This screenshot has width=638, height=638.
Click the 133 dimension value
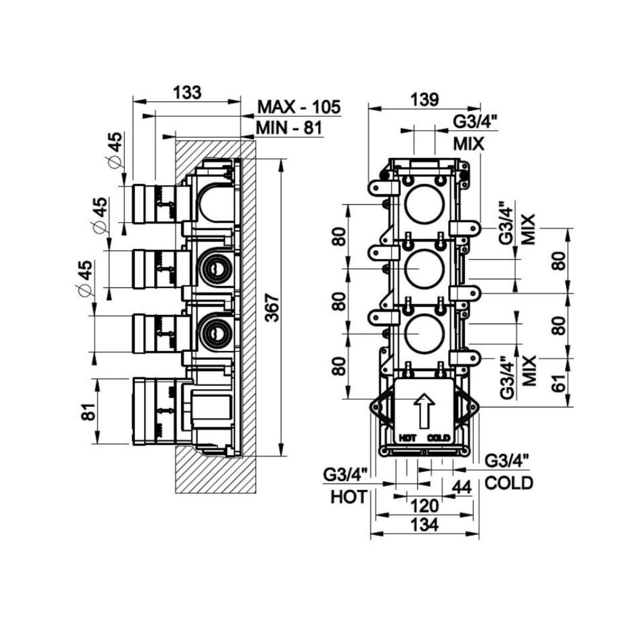click(x=187, y=92)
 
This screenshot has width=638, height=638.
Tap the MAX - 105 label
click(x=299, y=107)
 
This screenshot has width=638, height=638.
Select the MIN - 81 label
click(x=289, y=128)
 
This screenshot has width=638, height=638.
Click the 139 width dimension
click(x=424, y=100)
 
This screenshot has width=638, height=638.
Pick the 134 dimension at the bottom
click(x=424, y=525)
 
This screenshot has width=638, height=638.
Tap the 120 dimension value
click(x=424, y=506)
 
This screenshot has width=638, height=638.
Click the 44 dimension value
click(x=461, y=488)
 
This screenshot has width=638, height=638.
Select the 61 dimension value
click(x=559, y=383)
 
